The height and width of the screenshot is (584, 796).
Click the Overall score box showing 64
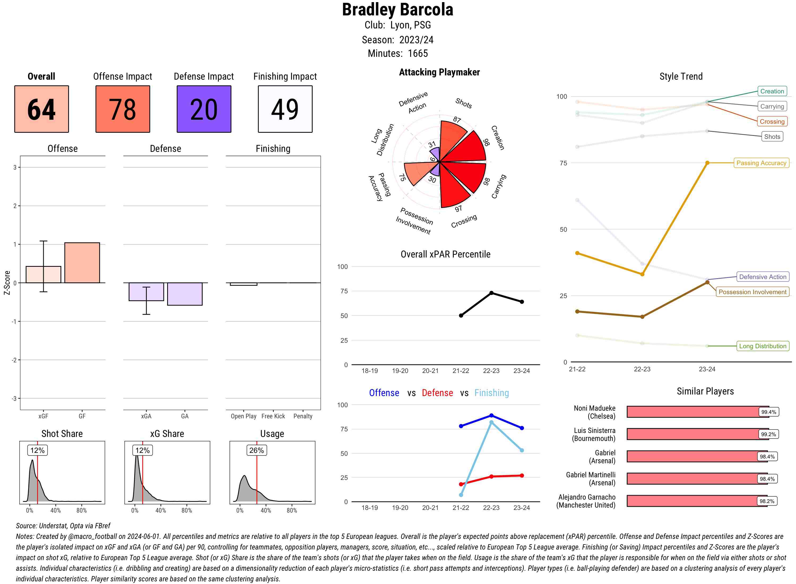[x=41, y=109]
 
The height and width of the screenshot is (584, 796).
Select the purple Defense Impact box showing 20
[x=204, y=109]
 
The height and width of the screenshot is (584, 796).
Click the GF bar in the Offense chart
[x=82, y=263]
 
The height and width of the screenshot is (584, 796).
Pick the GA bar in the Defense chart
[x=185, y=294]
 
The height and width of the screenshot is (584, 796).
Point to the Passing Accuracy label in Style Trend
[x=761, y=163]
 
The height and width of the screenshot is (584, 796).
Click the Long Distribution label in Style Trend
[x=763, y=346]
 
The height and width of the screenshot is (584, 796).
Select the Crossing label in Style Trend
[x=772, y=122]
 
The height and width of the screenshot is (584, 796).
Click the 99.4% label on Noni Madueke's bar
[x=768, y=412]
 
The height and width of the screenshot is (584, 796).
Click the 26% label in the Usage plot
[x=257, y=450]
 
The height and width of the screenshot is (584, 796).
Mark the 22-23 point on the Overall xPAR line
[x=491, y=293]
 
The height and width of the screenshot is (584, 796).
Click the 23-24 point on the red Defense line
[x=522, y=475]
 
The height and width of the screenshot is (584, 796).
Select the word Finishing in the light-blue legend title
[x=491, y=393]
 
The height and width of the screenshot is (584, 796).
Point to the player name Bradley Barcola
[x=397, y=10]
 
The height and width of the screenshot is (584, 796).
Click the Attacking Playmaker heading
[x=439, y=72]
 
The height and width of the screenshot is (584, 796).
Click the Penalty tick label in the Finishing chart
[x=303, y=416]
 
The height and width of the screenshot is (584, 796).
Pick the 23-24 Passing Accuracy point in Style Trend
[x=707, y=163]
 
